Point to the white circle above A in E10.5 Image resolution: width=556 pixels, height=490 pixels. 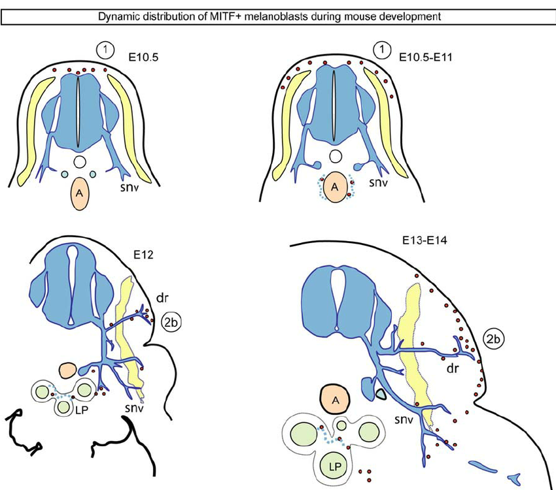coord(80,160)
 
